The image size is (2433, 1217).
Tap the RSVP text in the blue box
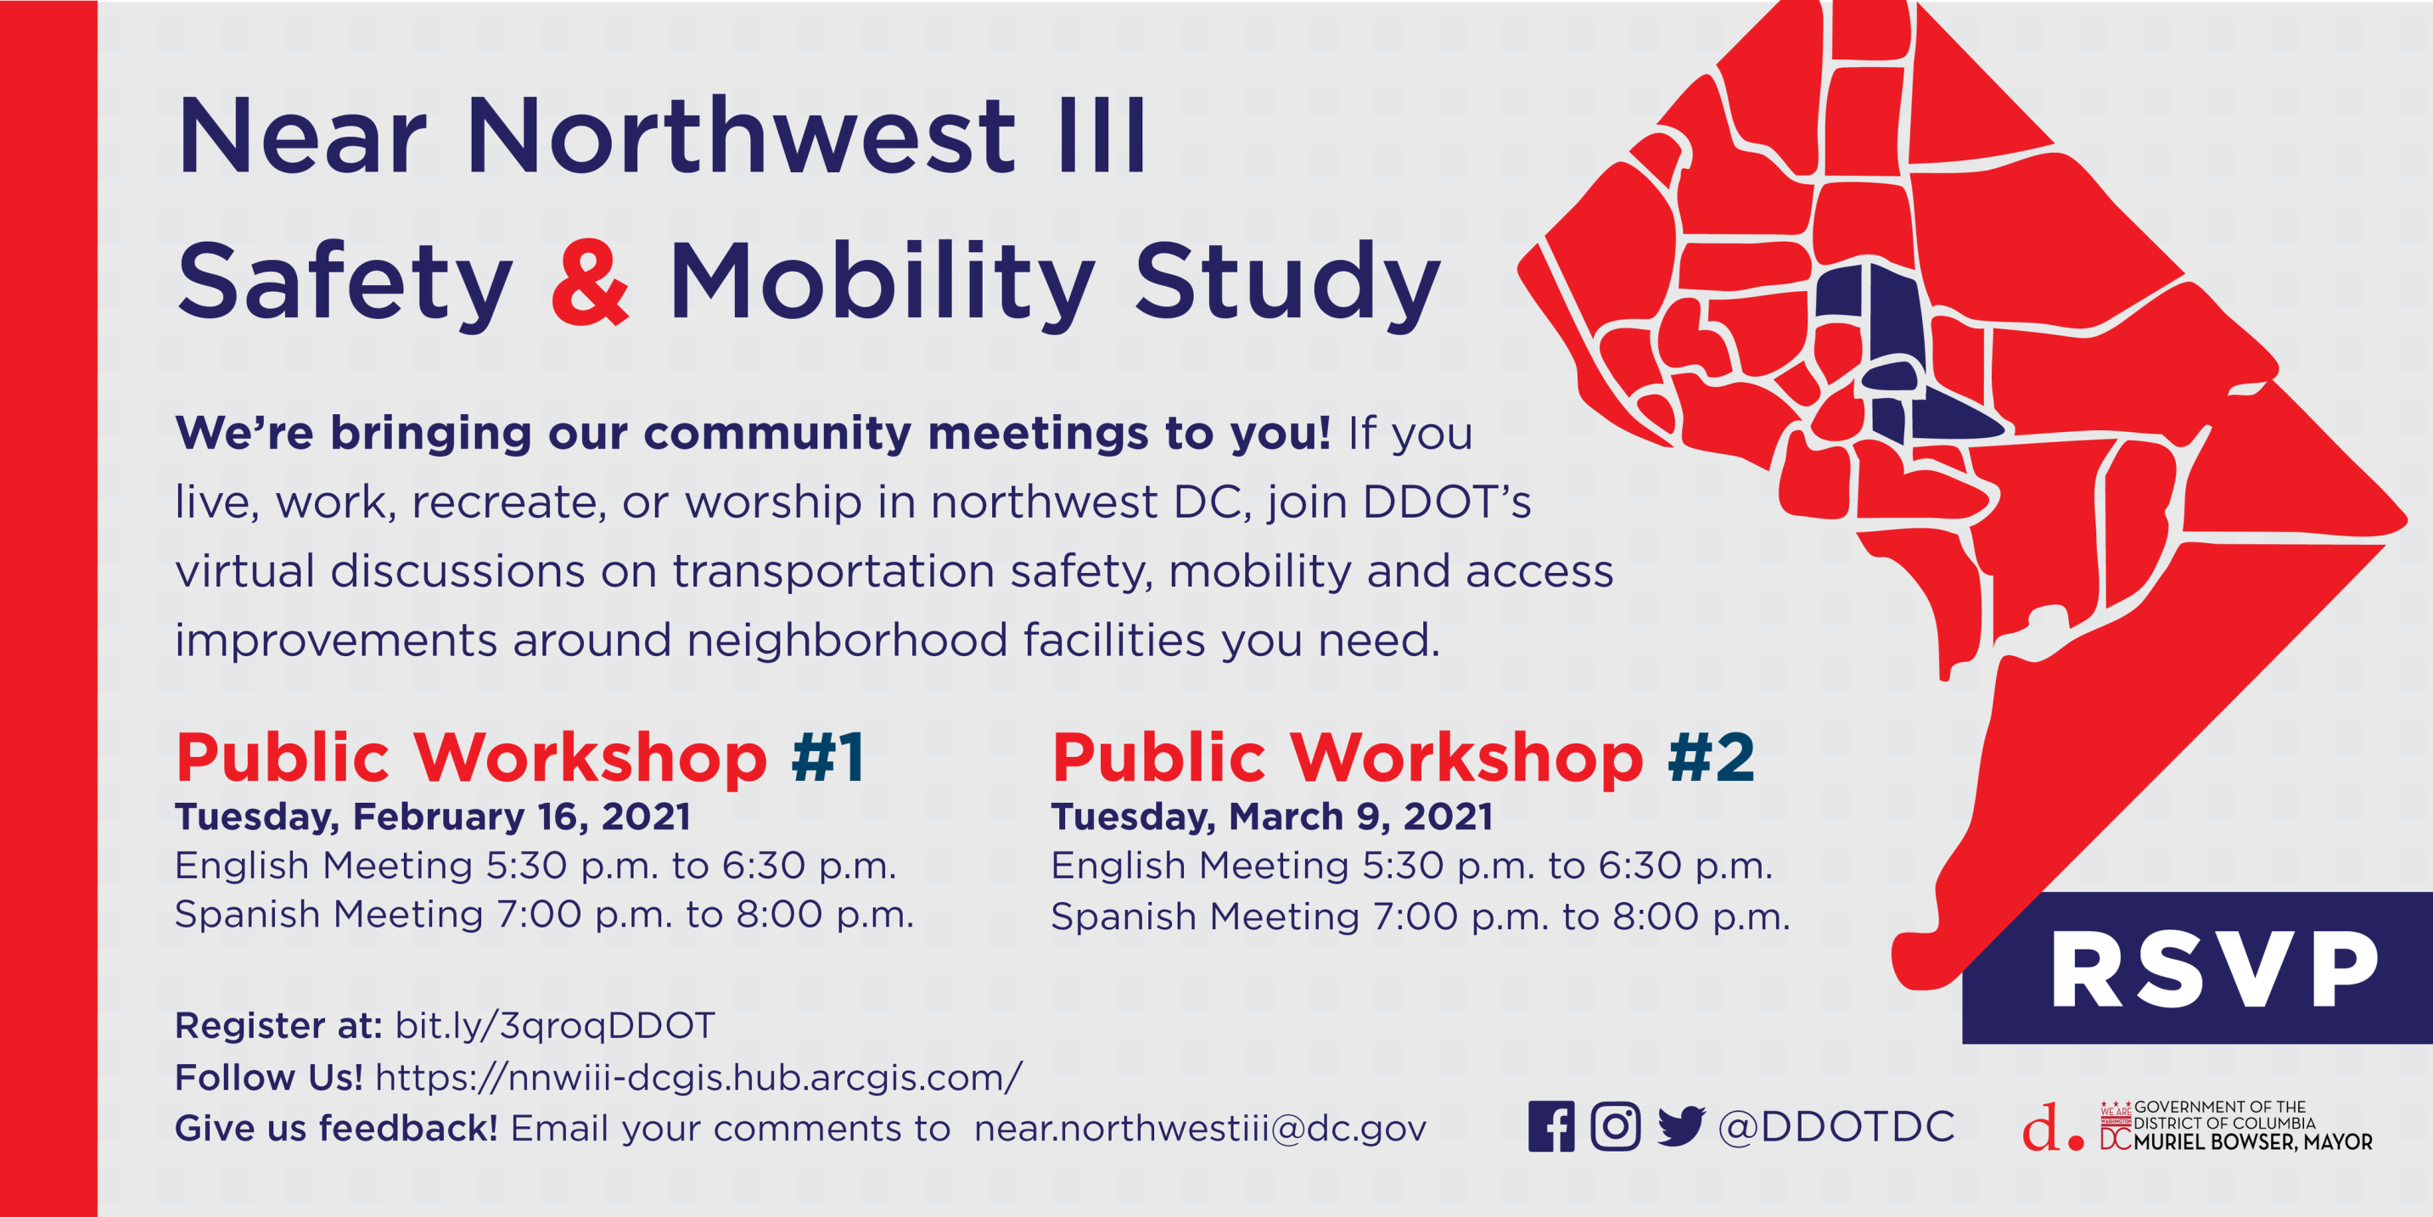pos(2214,970)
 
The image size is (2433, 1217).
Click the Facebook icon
pos(1550,1126)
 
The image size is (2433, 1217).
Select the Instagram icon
pos(1615,1126)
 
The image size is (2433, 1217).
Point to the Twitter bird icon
pos(1680,1126)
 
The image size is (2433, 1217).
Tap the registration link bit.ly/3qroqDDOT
pos(554,1026)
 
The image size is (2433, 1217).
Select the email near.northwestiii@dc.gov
pos(1199,1128)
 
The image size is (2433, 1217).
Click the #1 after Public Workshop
pos(827,758)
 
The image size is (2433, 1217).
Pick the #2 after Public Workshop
pos(1711,758)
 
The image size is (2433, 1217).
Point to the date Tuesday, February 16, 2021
pos(433,817)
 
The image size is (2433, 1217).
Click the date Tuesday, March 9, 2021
pos(1272,817)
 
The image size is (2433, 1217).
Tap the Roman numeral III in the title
pos(1102,136)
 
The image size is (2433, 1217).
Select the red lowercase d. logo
pos(2052,1126)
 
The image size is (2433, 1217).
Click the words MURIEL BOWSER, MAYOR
pos(2252,1142)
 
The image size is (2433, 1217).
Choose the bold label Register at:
pos(278,1026)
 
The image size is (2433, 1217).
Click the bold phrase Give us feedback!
pos(336,1128)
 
